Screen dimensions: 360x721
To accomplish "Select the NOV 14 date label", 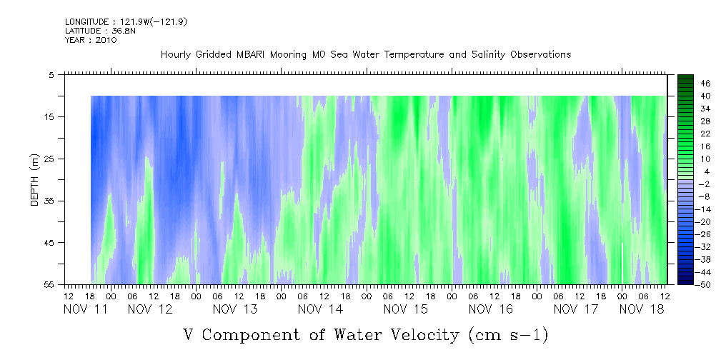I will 320,309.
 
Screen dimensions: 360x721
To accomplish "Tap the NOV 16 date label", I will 490,309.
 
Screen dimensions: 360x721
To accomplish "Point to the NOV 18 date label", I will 641,309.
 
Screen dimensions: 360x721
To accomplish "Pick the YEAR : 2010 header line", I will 91,40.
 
